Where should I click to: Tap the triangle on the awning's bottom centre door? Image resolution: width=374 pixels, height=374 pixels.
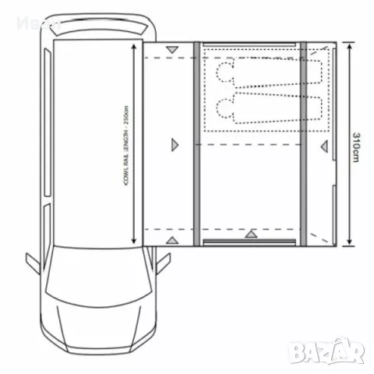click(250, 234)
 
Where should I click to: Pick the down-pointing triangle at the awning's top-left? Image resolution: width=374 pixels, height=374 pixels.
click(172, 53)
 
